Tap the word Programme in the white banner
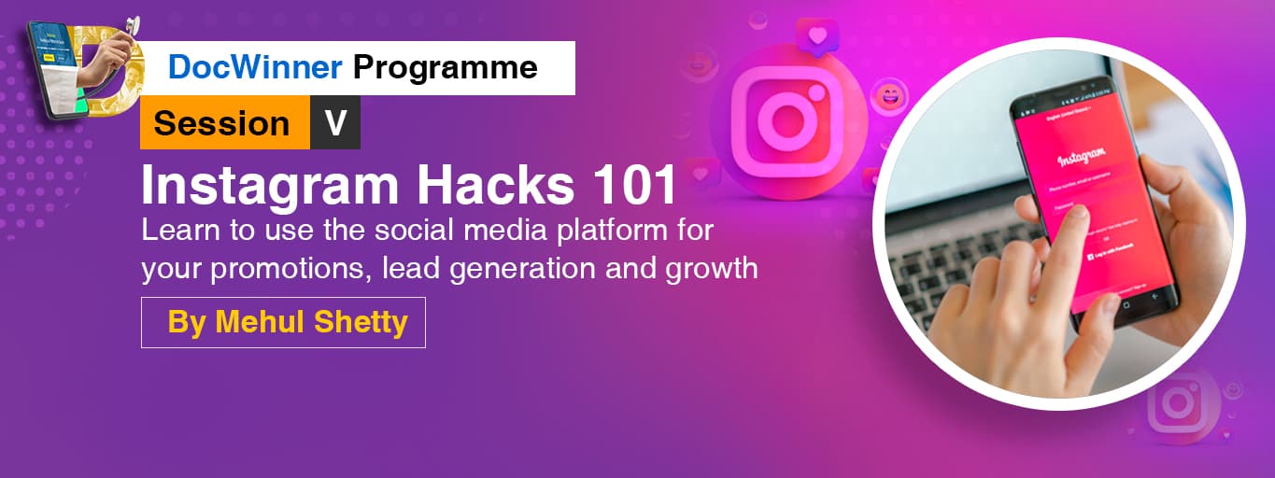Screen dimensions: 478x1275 [446, 67]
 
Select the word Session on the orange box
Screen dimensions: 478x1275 [222, 123]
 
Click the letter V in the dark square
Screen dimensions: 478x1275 [335, 123]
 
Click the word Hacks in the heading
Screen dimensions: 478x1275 [495, 186]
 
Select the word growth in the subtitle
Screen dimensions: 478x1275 [712, 269]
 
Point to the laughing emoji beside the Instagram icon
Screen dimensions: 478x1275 [888, 95]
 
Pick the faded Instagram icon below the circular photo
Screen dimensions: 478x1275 [1178, 402]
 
